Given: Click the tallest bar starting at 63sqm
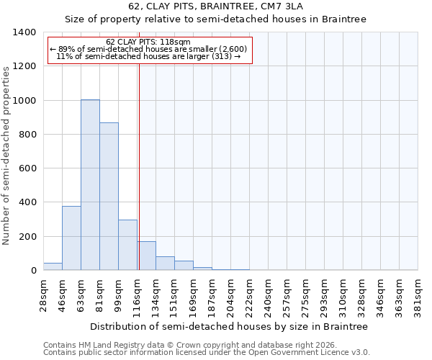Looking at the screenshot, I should (90, 185).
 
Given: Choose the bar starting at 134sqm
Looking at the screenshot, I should (165, 264).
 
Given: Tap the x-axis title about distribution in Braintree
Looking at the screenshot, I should (230, 326).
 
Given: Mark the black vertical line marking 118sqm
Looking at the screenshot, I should (139, 166).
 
